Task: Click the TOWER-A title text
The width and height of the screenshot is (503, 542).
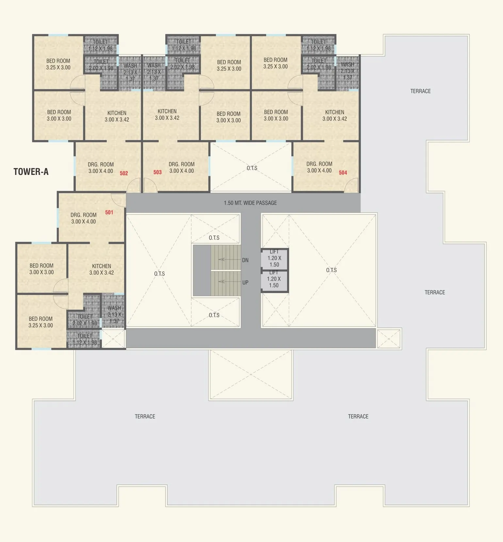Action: [x=31, y=172]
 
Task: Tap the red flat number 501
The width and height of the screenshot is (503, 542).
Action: [x=109, y=212]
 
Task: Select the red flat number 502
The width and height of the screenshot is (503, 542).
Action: [x=124, y=173]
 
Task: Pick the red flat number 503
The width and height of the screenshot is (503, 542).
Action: [x=157, y=172]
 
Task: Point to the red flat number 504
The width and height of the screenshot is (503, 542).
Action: [x=343, y=173]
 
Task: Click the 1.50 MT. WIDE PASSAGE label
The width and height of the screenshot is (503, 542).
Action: [x=250, y=203]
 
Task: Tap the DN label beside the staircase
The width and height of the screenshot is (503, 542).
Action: [x=245, y=260]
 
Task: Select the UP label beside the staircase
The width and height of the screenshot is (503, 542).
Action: [x=245, y=283]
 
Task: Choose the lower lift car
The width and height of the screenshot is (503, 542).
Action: [x=274, y=281]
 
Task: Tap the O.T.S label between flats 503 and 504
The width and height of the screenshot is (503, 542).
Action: [x=252, y=168]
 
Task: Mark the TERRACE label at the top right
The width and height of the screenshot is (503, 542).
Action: [x=420, y=91]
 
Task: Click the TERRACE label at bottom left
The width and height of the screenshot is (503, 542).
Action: [x=145, y=416]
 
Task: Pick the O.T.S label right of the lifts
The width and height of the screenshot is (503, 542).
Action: [x=331, y=270]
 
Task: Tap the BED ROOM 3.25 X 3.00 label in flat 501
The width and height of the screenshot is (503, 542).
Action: [x=41, y=322]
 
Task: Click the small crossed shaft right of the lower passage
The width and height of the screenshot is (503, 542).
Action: [x=389, y=339]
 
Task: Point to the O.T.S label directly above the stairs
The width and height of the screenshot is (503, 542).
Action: [x=214, y=238]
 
